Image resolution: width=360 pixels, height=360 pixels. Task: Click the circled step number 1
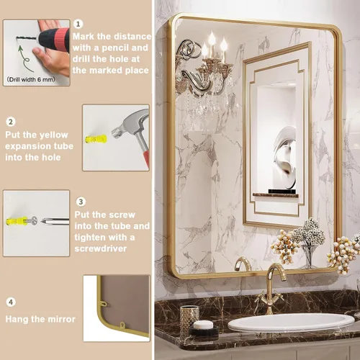pos(78,24)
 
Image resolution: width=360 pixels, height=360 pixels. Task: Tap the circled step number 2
pos(11,122)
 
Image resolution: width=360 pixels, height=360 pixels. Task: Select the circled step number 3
pos(81,202)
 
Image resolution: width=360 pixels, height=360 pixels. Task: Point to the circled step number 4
pos(11,302)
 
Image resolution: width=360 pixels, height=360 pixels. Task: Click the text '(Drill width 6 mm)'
pos(31,79)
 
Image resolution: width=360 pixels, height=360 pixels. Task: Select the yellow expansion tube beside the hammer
pos(96,139)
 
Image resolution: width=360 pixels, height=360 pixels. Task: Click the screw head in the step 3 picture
pos(35,220)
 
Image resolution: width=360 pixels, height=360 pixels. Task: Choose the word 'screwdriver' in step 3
pos(101,248)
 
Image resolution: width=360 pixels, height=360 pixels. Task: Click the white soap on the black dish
pos(203,325)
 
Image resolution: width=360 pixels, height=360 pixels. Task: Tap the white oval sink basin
pos(291,323)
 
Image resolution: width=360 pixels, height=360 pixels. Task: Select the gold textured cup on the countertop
pos(189,318)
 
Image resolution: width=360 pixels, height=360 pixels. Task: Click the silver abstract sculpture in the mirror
pos(285,157)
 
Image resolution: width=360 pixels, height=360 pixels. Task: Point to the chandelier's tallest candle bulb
pos(212,38)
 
